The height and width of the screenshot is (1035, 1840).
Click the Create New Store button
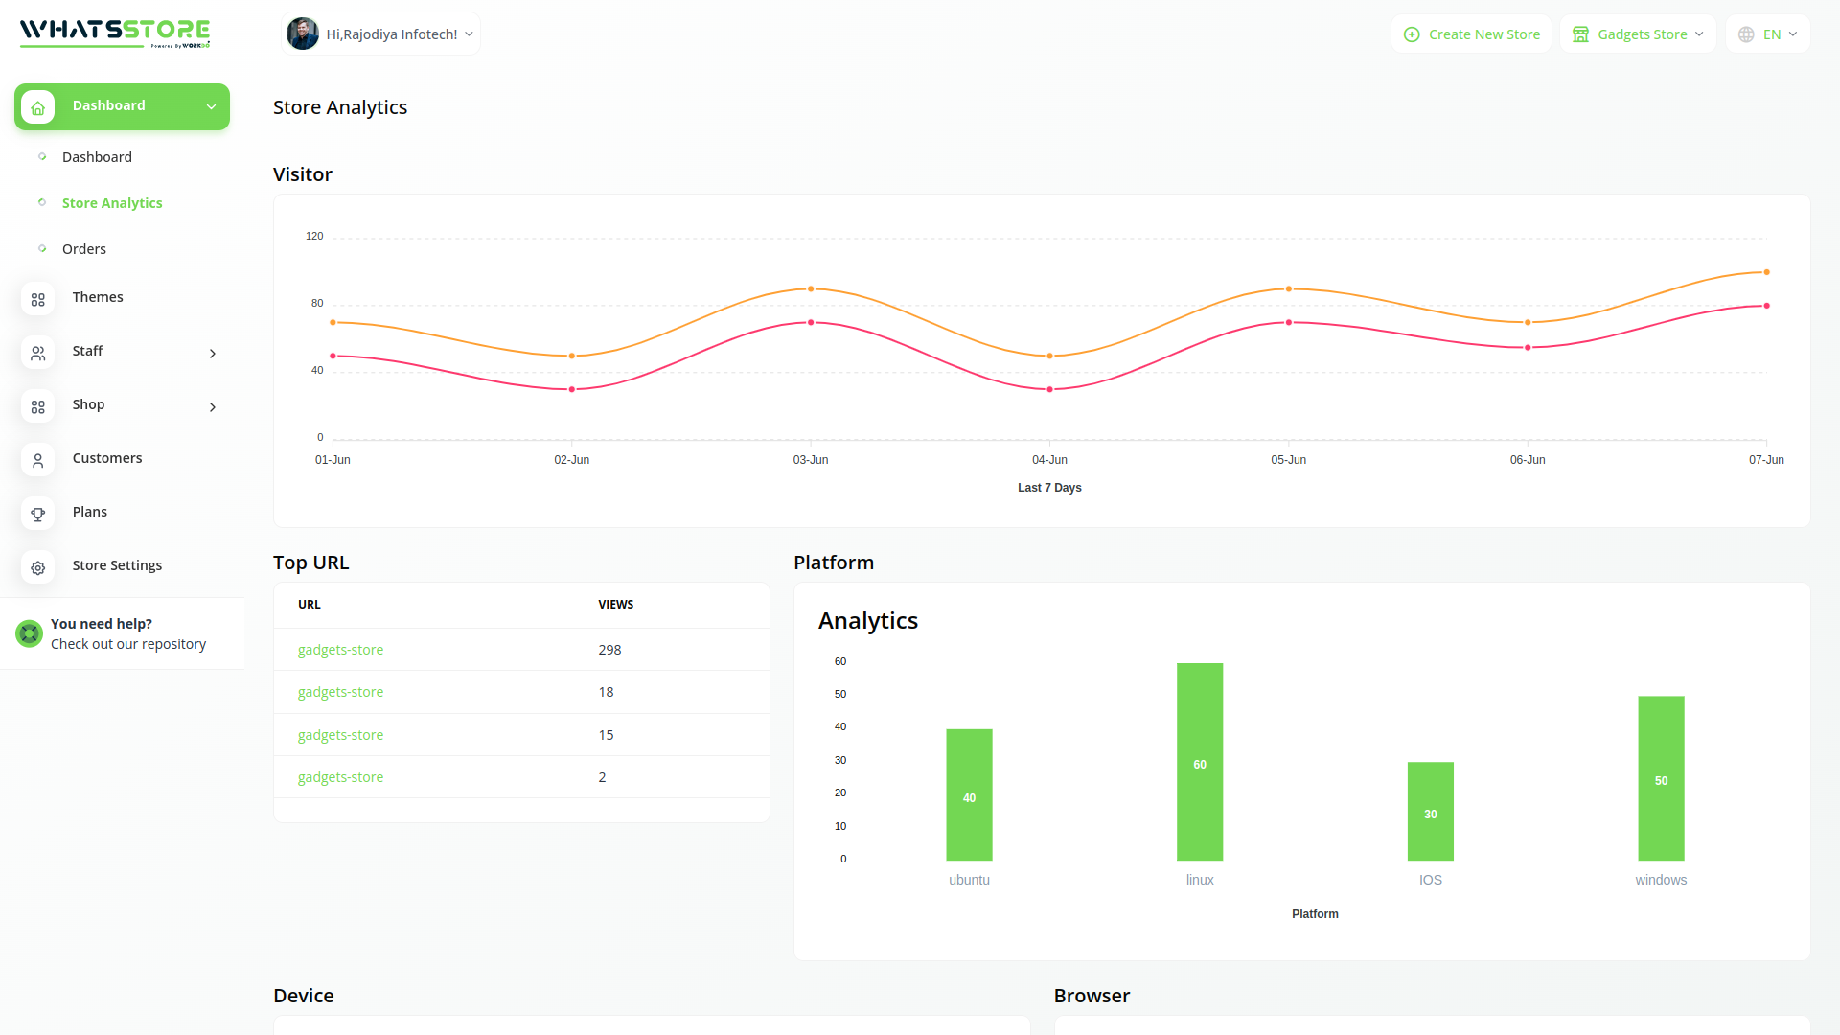pos(1472,34)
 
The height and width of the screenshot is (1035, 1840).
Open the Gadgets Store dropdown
pos(1638,34)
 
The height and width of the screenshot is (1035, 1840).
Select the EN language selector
pos(1768,34)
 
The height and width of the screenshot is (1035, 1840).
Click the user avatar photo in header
pos(303,34)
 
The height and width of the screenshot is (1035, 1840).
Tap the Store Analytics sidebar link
pos(112,203)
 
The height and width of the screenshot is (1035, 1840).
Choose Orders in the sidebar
pos(84,249)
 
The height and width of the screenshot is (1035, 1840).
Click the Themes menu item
pos(98,297)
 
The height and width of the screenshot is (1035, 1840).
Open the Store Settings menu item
pos(117,565)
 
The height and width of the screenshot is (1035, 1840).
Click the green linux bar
pos(1200,762)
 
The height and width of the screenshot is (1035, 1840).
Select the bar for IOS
pos(1430,811)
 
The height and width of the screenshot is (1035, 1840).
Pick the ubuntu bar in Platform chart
pos(969,794)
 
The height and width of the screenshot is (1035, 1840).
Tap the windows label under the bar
pos(1661,880)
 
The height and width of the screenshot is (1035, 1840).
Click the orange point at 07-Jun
pos(1766,272)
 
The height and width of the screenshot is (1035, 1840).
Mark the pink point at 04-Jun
pos(1049,389)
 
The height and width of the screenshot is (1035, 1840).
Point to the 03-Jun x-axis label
pos(811,460)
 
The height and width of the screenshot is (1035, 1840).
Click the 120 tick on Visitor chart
pos(314,236)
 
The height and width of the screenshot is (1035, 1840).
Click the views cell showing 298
pos(609,650)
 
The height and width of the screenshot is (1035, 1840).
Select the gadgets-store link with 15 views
pos(340,735)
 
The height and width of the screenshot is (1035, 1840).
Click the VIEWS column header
pos(615,605)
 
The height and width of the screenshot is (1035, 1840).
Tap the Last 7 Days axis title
pos(1049,488)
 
